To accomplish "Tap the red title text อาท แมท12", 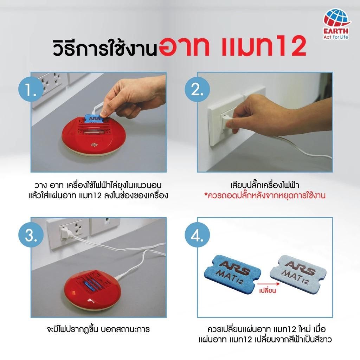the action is (x=232, y=46).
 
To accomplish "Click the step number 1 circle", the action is (x=31, y=89).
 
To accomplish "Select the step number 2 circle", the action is (x=197, y=89).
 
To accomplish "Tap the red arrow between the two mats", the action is (x=268, y=284).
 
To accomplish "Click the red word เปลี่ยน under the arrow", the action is (x=268, y=291).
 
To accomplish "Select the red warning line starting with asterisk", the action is (x=265, y=195).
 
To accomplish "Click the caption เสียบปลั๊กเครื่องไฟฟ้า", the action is (x=265, y=185).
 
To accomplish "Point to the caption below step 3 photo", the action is (x=98, y=329).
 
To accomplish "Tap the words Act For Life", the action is (x=336, y=37).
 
